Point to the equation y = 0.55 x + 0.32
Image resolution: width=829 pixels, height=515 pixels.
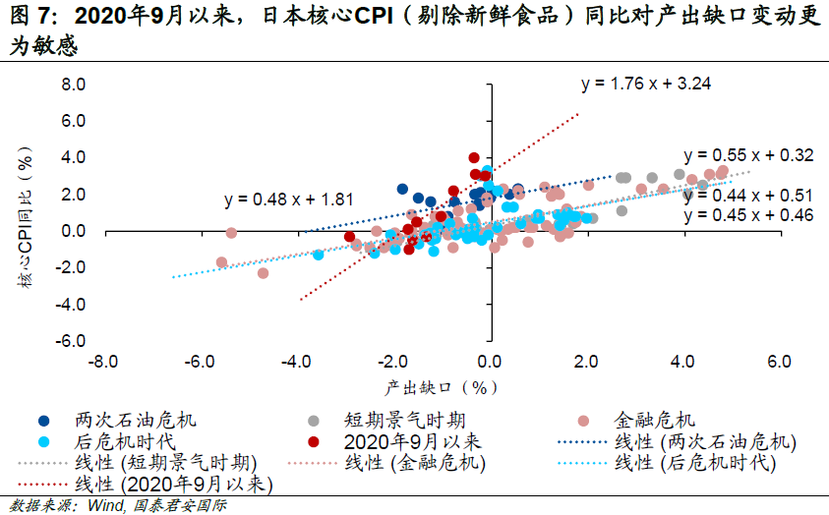coord(749,155)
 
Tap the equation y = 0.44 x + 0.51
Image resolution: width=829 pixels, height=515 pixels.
coord(749,195)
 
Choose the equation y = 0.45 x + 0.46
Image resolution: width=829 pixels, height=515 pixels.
coord(749,214)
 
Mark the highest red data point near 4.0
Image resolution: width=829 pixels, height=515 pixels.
coord(474,157)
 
